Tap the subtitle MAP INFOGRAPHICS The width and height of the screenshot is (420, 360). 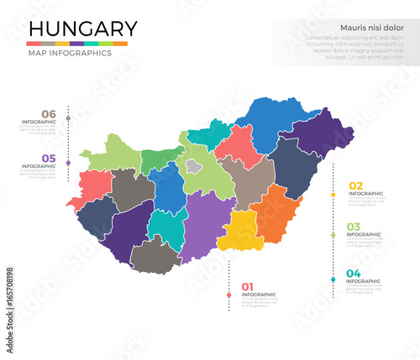pos(69,53)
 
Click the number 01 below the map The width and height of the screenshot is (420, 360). pos(248,285)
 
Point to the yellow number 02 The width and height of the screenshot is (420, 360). pos(355,185)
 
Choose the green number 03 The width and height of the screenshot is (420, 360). pos(354,227)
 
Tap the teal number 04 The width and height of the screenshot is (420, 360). pos(354,274)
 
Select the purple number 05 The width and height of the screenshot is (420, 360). pos(49,158)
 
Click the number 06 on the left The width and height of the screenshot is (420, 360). pos(49,114)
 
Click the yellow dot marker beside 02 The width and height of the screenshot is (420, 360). pos(333,195)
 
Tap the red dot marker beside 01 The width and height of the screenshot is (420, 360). pos(228,295)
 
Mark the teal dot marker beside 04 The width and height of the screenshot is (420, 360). pos(333,279)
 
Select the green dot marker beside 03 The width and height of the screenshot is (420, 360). pos(333,235)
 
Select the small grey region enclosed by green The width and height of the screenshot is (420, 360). pos(194,167)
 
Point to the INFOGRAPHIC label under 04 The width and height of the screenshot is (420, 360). pos(363,282)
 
